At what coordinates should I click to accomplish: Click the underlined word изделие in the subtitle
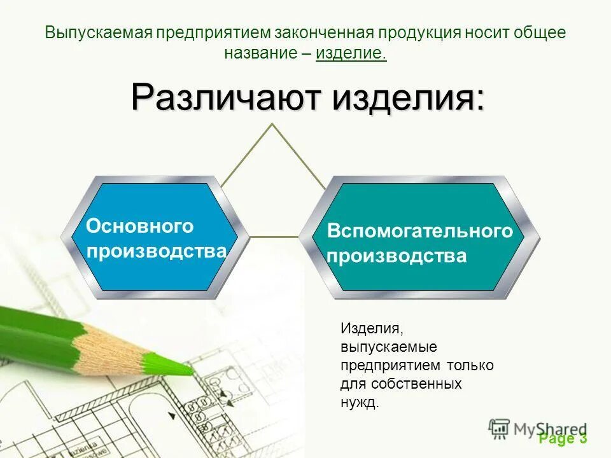(351, 53)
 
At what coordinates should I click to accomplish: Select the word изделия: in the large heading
(409, 97)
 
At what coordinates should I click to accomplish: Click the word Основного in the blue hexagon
(140, 226)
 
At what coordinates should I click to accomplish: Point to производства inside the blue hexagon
(157, 251)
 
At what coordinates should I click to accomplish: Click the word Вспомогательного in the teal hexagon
(419, 231)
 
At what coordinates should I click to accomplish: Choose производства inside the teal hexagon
(397, 256)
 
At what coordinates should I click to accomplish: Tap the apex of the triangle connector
(273, 124)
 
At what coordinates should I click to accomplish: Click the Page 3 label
(563, 438)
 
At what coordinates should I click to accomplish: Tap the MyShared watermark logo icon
(500, 429)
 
